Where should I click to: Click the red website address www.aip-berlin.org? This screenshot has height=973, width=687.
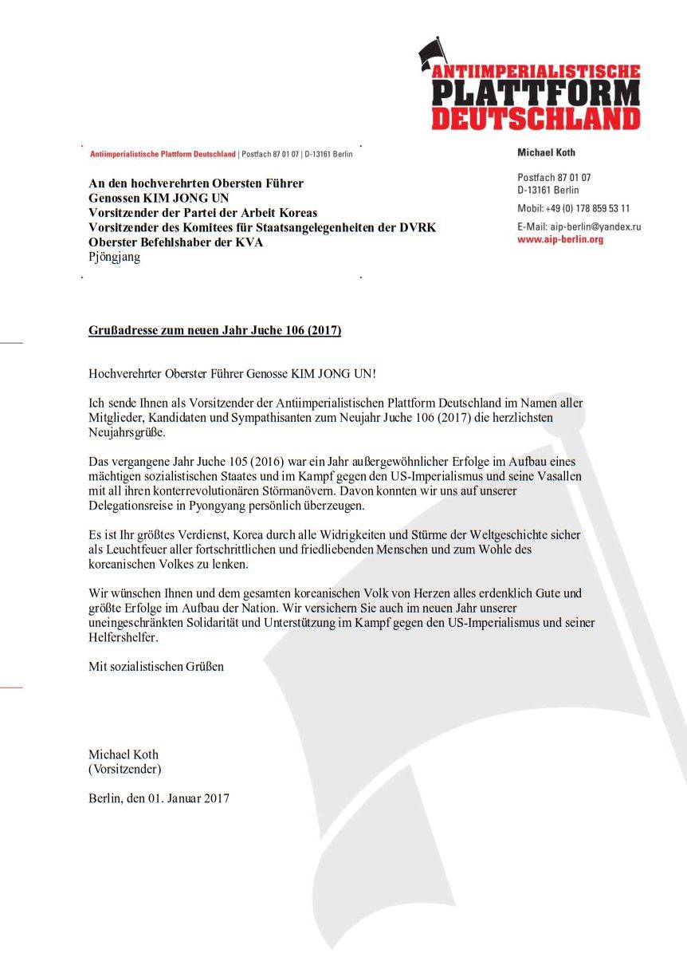(560, 239)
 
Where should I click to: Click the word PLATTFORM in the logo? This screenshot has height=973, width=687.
(536, 94)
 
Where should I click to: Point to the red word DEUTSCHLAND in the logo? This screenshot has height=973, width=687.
(536, 119)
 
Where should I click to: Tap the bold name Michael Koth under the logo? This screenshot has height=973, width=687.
(546, 152)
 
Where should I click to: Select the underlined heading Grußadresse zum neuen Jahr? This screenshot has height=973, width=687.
(214, 330)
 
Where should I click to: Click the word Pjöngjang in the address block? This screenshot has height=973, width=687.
(114, 257)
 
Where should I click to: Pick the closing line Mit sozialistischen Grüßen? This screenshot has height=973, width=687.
(156, 666)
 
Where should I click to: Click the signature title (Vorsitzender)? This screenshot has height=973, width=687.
(124, 769)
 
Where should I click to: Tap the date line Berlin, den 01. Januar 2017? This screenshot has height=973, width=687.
(159, 798)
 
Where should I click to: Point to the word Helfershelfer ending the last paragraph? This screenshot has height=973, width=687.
(122, 637)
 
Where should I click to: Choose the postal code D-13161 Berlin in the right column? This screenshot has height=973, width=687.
(548, 190)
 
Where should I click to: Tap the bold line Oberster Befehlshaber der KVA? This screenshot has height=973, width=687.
(175, 242)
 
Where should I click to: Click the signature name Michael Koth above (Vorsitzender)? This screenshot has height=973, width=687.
(124, 754)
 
